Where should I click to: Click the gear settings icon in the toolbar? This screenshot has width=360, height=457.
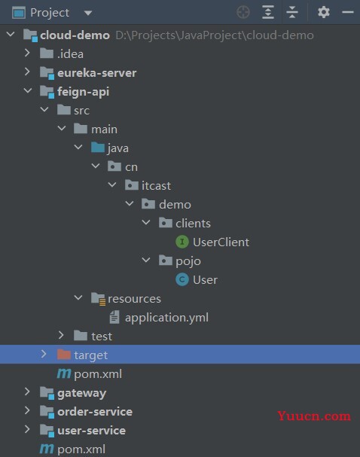(x=324, y=12)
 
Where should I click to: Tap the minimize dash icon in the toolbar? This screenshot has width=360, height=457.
(x=348, y=12)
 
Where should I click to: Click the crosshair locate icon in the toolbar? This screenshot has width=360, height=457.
(x=243, y=12)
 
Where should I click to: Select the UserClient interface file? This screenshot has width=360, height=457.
(x=221, y=242)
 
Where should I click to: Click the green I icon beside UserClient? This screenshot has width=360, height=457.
(x=182, y=242)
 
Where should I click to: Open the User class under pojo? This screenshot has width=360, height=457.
(x=205, y=280)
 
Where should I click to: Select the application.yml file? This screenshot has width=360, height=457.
(x=166, y=318)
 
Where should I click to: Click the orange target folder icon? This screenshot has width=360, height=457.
(x=64, y=355)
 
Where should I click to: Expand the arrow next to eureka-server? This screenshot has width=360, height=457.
(x=27, y=72)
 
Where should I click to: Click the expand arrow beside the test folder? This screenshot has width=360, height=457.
(x=61, y=335)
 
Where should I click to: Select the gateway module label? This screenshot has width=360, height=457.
(x=81, y=393)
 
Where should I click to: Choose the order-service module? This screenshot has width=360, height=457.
(x=95, y=412)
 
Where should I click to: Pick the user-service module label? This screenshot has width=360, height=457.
(x=92, y=431)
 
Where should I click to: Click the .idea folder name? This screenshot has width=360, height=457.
(x=70, y=54)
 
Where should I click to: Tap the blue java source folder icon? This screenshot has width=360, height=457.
(x=98, y=148)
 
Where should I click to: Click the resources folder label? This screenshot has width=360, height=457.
(x=134, y=299)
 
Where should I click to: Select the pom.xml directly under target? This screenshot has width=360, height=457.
(x=98, y=374)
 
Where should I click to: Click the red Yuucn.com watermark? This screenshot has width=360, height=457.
(x=314, y=416)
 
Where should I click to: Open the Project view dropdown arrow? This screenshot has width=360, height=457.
(x=88, y=13)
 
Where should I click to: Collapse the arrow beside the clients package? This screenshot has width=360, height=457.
(x=146, y=223)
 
